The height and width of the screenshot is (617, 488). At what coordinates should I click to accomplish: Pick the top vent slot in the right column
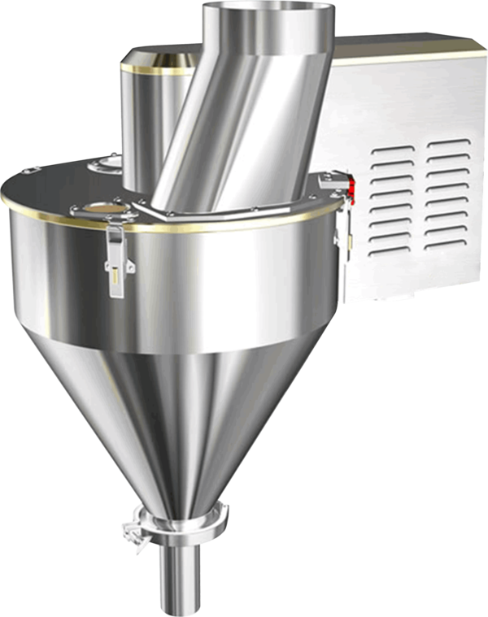tap(449, 146)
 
